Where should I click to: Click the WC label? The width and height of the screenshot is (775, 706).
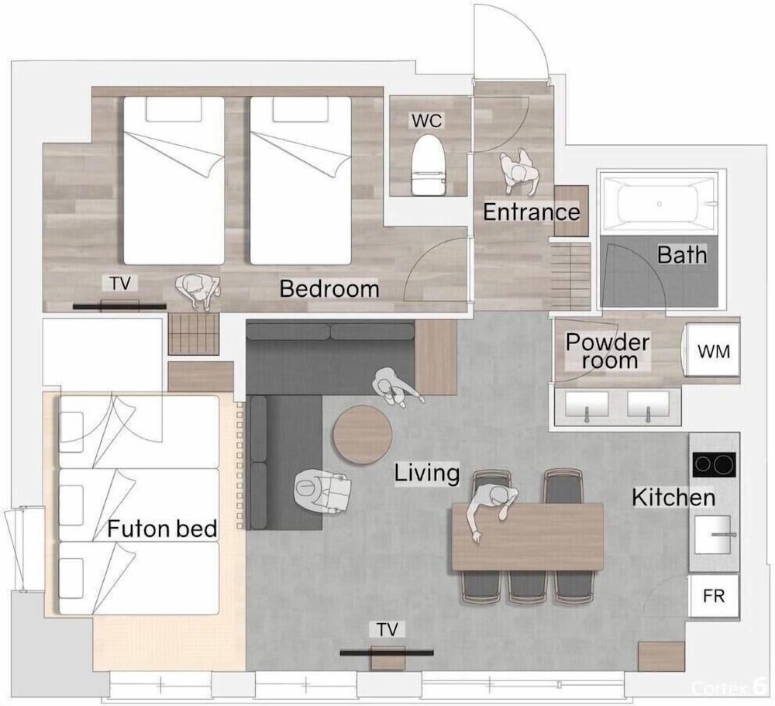point(427,120)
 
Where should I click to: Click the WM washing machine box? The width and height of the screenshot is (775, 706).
point(713,350)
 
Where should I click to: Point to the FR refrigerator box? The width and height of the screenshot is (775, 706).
point(714,596)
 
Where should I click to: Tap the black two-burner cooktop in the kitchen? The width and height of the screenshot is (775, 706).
point(715,465)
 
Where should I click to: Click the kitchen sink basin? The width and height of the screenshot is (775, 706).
point(713,535)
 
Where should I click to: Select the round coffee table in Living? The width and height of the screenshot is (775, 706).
point(362,434)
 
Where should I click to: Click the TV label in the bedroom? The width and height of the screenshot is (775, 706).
point(120,284)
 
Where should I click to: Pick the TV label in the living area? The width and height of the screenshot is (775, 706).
point(387,630)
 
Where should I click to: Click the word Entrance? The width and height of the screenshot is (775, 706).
point(532,212)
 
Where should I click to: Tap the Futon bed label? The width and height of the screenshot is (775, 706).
point(162,529)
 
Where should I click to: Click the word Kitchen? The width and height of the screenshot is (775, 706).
point(673,498)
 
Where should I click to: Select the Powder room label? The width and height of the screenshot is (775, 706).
point(608,351)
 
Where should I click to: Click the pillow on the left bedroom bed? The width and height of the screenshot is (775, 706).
point(174,108)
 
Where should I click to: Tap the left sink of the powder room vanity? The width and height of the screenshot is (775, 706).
point(587,405)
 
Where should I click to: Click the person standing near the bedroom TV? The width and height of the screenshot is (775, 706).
point(198,291)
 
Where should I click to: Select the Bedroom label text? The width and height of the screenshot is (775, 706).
point(329,289)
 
